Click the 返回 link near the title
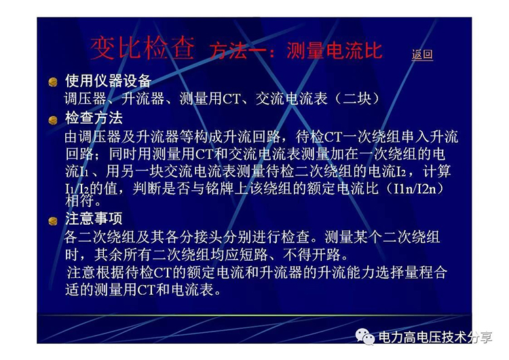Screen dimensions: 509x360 coord(422,54)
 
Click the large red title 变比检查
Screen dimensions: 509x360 coord(143,48)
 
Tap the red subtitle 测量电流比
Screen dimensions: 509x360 coord(335,51)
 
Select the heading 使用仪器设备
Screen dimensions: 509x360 coord(109,81)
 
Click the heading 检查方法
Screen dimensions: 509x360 coord(94,118)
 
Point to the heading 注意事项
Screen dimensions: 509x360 coord(94,219)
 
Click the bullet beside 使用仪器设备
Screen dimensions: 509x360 coord(53,82)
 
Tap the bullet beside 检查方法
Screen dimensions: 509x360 coord(53,120)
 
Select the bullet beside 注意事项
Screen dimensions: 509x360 coord(53,221)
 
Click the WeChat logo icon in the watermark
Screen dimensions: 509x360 coord(365,336)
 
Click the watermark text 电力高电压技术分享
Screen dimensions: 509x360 coord(435,338)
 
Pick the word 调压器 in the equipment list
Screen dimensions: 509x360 coord(86,98)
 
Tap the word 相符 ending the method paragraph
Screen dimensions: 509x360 coord(79,201)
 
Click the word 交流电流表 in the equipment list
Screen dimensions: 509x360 coord(292,98)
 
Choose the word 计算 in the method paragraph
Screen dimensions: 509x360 coord(436,171)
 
